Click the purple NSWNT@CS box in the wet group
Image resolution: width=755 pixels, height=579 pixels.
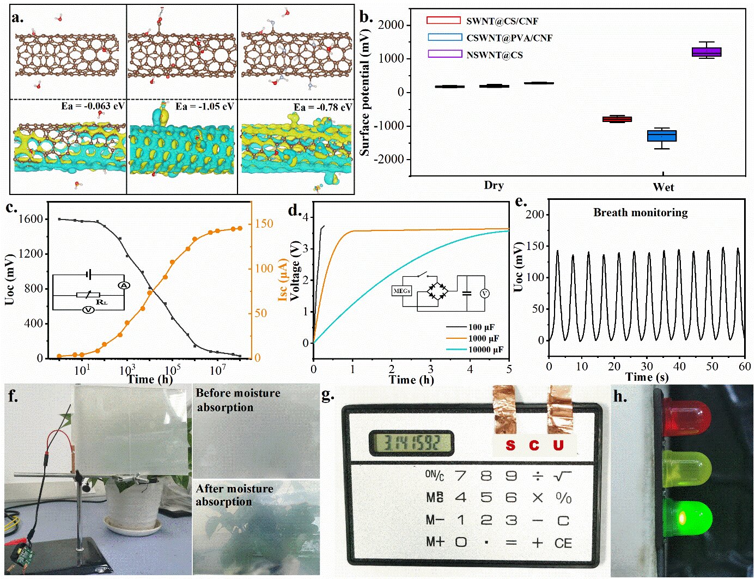pos(706,52)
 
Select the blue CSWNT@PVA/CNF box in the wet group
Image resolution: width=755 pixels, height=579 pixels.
pos(662,136)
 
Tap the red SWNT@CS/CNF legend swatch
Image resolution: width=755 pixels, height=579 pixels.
pos(443,21)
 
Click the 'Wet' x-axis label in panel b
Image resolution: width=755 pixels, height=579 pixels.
pos(663,187)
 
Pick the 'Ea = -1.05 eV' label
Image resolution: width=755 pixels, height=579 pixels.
pos(205,106)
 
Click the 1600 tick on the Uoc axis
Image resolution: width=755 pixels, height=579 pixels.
pos(31,219)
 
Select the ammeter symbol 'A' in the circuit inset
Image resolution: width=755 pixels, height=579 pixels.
pos(124,285)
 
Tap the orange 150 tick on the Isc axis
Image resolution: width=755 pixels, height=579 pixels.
pos(264,223)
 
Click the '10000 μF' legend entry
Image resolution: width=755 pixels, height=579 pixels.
pos(485,349)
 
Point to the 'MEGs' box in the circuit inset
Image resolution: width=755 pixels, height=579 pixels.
pos(401,291)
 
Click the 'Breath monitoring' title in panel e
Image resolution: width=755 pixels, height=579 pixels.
pos(640,212)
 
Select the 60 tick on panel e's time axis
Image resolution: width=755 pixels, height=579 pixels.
pos(745,366)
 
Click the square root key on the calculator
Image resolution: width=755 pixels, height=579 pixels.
pos(562,476)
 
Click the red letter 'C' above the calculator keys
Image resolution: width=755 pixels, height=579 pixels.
pos(534,446)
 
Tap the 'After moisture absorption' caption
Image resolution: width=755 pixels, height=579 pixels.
pos(234,495)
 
